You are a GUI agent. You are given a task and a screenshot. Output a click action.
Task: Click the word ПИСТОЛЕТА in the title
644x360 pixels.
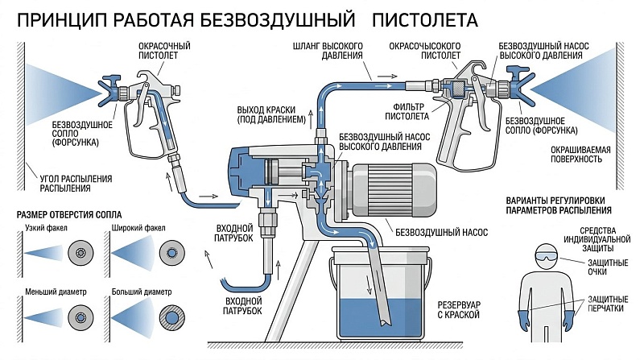[425, 19]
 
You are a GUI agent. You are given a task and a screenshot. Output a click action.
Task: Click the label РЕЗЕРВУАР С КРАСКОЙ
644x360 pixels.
[459, 310]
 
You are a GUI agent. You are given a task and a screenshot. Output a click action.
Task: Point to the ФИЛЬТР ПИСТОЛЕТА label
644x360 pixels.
[407, 111]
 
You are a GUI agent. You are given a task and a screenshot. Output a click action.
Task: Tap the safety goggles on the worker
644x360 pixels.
[547, 256]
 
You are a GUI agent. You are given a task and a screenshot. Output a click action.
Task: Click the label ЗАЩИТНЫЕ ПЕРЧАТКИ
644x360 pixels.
[608, 304]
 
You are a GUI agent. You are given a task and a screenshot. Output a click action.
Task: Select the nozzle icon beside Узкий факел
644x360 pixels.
[81, 253]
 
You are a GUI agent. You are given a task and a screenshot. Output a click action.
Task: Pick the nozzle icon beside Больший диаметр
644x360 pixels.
[171, 317]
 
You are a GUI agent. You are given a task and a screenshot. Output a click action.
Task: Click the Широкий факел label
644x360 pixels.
[138, 228]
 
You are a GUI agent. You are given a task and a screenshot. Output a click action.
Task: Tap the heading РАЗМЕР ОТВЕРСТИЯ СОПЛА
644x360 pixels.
[69, 214]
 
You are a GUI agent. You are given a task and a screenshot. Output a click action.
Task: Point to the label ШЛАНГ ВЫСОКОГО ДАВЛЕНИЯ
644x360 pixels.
[328, 51]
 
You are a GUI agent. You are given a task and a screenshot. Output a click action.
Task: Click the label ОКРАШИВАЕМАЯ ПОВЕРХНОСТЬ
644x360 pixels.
[580, 154]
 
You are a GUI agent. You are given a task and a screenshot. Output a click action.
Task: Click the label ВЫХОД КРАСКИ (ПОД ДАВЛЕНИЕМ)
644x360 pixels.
[271, 114]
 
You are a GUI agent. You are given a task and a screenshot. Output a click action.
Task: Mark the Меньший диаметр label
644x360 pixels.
[56, 292]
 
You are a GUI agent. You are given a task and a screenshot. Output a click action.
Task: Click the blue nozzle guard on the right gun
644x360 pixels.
[520, 83]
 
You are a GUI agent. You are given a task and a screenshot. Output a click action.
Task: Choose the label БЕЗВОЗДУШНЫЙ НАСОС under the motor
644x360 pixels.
[441, 233]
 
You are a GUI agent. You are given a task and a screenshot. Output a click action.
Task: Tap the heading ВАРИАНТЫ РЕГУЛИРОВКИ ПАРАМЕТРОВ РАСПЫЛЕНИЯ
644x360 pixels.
[559, 205]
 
